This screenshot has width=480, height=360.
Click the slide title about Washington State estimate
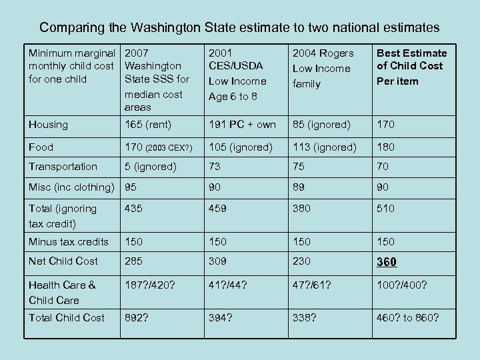[239, 27]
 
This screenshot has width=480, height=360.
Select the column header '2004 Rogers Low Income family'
[323, 68]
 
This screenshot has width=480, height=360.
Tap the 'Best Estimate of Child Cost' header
[411, 67]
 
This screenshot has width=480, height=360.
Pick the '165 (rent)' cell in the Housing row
[148, 125]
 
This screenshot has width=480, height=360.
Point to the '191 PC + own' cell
[242, 125]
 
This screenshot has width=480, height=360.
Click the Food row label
[41, 147]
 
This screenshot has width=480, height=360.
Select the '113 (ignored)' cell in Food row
[325, 147]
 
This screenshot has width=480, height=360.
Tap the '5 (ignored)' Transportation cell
[151, 167]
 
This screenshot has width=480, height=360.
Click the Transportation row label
[63, 167]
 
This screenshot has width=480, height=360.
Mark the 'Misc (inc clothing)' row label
[71, 187]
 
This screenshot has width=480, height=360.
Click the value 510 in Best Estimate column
[386, 209]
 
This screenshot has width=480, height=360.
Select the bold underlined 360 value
[387, 262]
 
